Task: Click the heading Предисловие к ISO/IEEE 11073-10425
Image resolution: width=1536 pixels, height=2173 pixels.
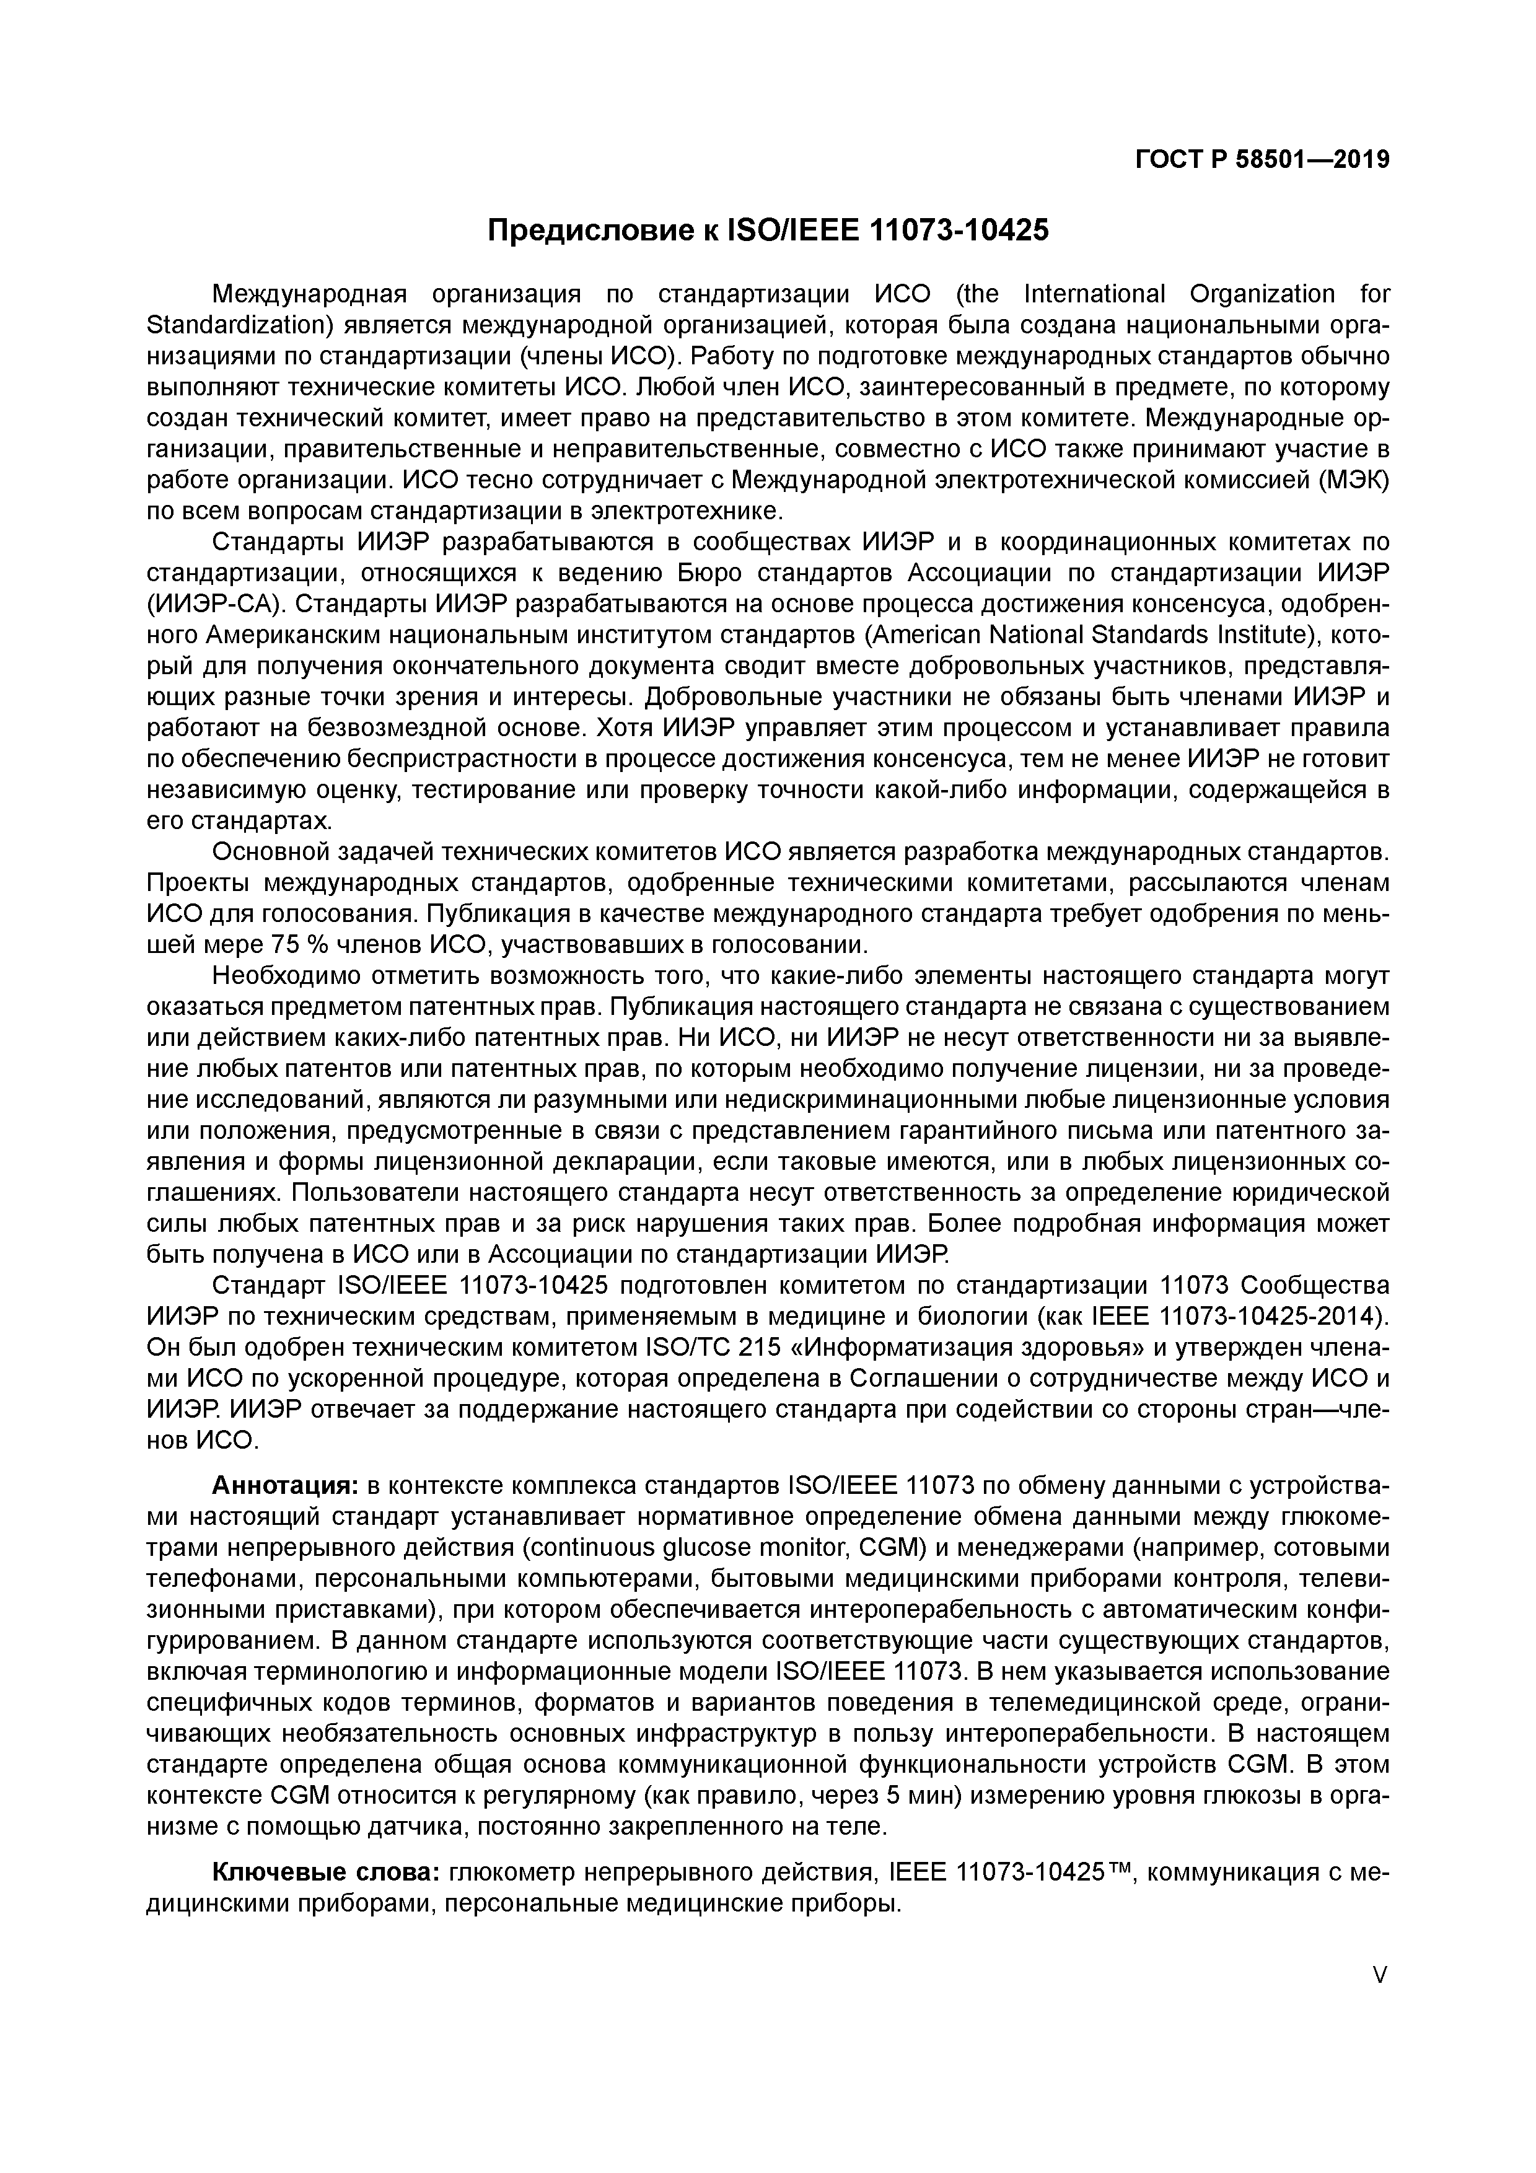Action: [768, 229]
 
